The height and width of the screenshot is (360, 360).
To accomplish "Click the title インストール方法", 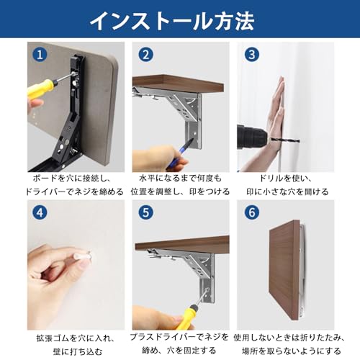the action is pyautogui.click(x=172, y=21).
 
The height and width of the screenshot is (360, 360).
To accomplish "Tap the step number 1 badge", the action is pyautogui.click(x=40, y=55).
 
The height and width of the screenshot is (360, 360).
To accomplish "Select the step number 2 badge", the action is pyautogui.click(x=145, y=55).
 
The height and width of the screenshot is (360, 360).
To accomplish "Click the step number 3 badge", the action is pyautogui.click(x=252, y=55).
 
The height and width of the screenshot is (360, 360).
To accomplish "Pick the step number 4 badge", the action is pyautogui.click(x=40, y=212).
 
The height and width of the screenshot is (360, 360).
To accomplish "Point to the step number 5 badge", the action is pyautogui.click(x=145, y=212).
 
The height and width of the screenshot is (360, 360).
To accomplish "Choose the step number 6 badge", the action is pyautogui.click(x=252, y=212).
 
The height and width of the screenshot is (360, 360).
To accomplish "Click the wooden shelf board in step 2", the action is pyautogui.click(x=178, y=84).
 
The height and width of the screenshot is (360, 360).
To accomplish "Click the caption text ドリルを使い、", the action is pyautogui.click(x=285, y=179).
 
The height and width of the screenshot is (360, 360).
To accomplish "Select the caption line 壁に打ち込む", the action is pyautogui.click(x=78, y=351).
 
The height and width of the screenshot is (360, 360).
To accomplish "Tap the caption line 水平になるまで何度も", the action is pyautogui.click(x=181, y=179).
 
